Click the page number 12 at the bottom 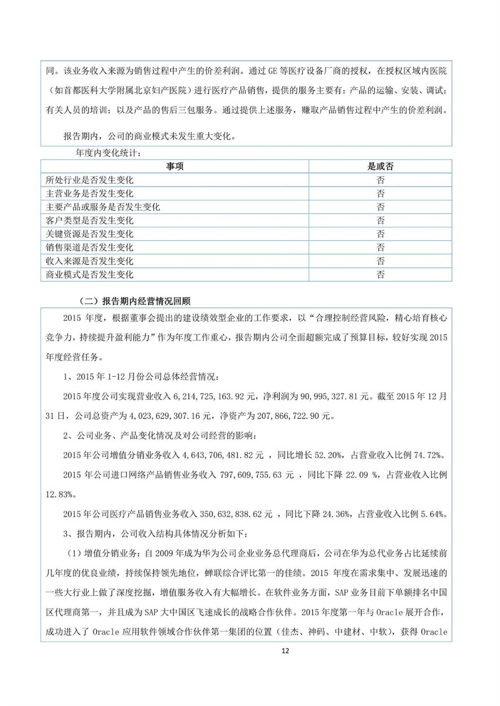click(285, 651)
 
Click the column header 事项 click(175, 166)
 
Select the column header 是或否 click(380, 166)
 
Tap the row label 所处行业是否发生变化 click(90, 180)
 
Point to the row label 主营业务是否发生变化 click(90, 193)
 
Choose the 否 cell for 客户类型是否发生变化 click(380, 220)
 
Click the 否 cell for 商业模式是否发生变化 click(380, 275)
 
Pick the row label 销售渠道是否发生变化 click(90, 248)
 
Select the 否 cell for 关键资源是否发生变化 click(380, 234)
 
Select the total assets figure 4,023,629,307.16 click(165, 416)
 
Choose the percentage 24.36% click(336, 514)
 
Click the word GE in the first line click(272, 71)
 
